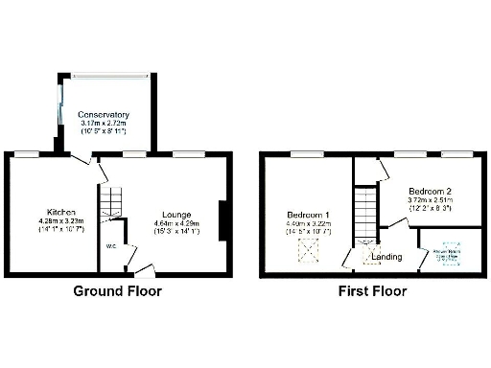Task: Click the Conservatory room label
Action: [105, 116]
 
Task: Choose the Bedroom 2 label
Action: [428, 192]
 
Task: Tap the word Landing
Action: [386, 256]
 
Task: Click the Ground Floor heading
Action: [118, 291]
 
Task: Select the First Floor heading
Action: [371, 291]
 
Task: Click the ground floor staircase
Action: [113, 201]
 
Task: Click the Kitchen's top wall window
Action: [26, 153]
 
